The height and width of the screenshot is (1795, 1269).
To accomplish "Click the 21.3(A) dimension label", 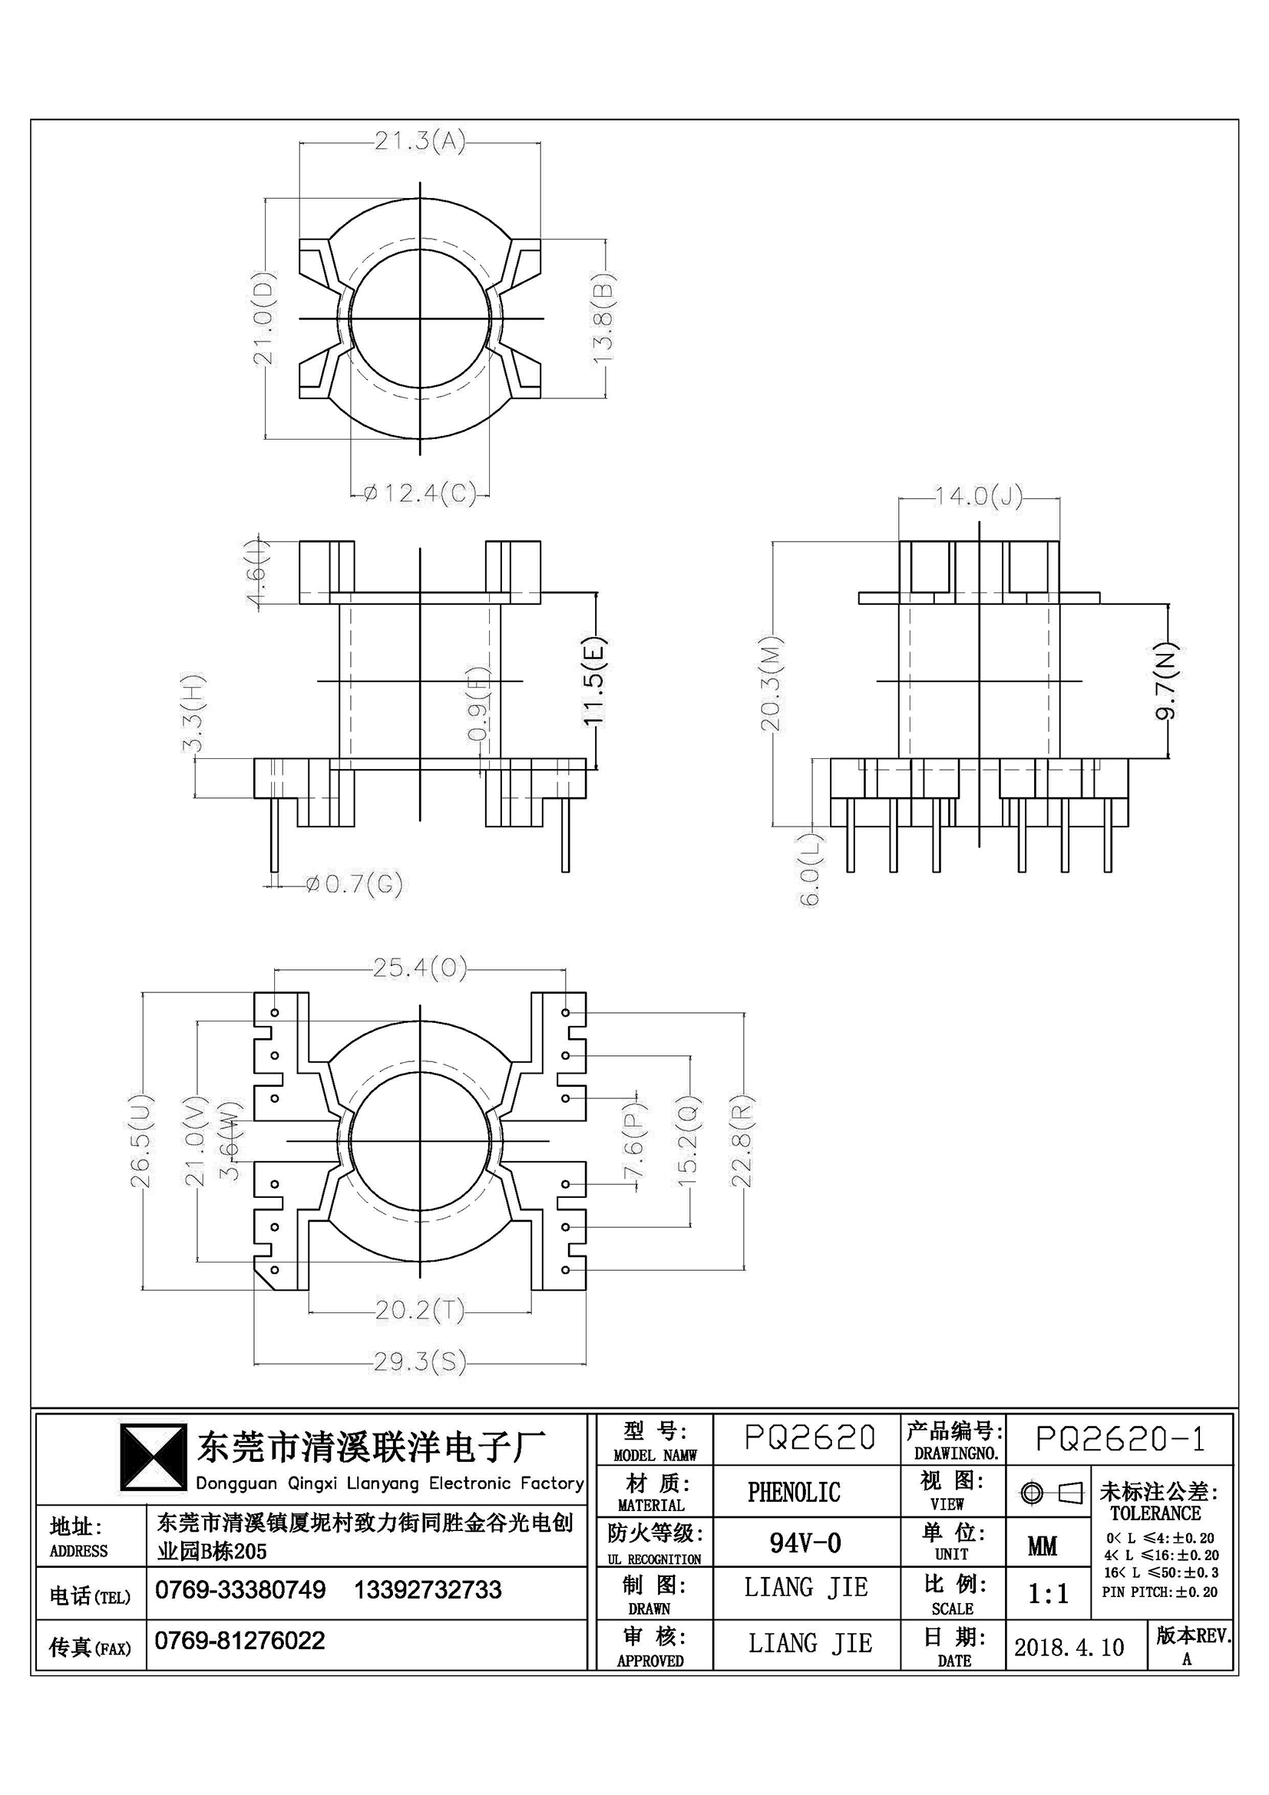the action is [x=420, y=141].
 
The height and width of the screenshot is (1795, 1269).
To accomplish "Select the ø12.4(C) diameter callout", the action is [x=420, y=494].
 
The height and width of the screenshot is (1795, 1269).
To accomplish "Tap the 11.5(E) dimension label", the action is [x=595, y=682].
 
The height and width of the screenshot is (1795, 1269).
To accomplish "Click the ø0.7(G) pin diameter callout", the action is [x=353, y=884].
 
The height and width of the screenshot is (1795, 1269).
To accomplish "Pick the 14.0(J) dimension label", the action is [x=979, y=497].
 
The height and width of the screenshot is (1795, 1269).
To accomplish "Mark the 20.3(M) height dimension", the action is [x=772, y=684].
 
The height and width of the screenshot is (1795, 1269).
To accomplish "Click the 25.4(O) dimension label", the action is [x=420, y=969].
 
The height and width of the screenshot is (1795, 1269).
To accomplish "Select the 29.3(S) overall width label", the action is [x=420, y=1363].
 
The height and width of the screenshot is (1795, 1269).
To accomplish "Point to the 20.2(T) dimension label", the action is [x=420, y=1309].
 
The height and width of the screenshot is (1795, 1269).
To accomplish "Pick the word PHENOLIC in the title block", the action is [x=794, y=1493].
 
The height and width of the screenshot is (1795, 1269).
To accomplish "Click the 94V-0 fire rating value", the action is [x=805, y=1543].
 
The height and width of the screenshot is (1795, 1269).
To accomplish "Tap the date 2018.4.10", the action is [x=1069, y=1647].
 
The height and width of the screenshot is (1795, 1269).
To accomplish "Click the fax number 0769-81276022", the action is [x=240, y=1640].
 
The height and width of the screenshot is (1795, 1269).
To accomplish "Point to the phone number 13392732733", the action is [x=428, y=1589].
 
